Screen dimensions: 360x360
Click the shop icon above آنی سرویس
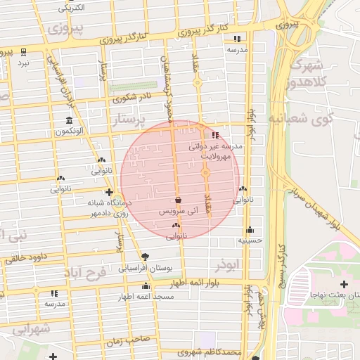[x=177, y=200]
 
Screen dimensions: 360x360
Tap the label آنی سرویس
[x=179, y=211]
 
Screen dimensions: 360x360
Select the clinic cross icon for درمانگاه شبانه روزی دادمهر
[x=109, y=191]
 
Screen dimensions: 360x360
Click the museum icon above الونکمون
[x=68, y=120]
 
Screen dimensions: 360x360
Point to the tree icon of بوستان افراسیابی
[x=145, y=257]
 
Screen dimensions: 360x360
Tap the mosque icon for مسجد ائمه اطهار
[x=146, y=285]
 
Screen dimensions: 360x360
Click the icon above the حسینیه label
[x=250, y=229]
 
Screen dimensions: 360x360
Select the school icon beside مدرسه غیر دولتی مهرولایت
[x=214, y=135]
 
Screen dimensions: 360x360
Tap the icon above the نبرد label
[x=23, y=52]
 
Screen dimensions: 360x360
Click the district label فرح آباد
[x=84, y=272]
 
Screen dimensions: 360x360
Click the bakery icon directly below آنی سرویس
[x=175, y=225]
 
